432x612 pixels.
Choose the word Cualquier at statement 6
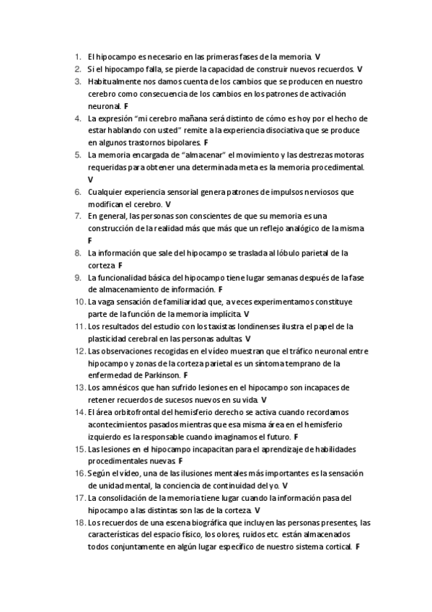point(107,192)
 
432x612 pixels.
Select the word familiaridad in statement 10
point(193,302)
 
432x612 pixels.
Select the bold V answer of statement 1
point(318,56)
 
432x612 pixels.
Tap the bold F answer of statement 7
point(90,240)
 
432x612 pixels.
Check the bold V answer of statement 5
point(90,179)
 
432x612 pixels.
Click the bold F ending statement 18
point(358,547)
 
